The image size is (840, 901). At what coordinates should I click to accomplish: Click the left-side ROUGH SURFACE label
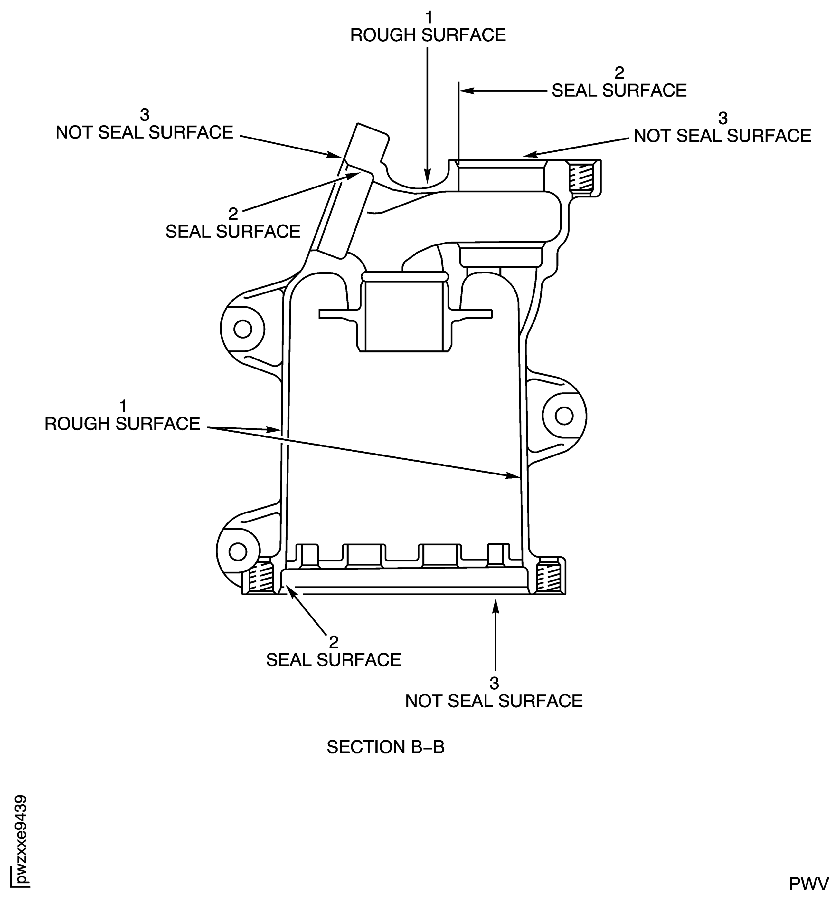(x=122, y=423)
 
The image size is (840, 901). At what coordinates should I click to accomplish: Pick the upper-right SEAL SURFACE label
(x=619, y=90)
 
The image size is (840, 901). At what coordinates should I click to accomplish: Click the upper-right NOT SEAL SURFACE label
(x=722, y=136)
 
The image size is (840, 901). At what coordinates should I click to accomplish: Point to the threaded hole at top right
(x=581, y=177)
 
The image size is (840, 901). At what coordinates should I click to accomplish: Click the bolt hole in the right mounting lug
(x=564, y=416)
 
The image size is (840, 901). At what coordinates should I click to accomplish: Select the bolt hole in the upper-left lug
(x=243, y=329)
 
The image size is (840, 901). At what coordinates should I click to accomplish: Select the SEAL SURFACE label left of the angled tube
(x=232, y=231)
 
